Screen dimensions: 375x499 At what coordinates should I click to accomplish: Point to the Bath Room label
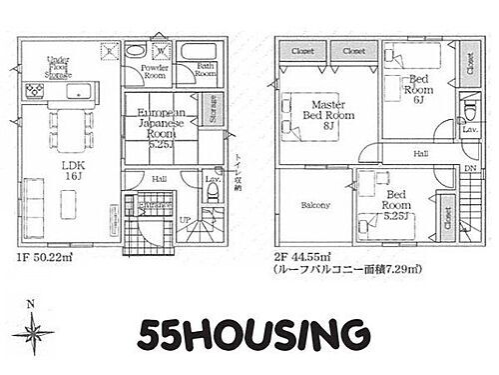point(206,70)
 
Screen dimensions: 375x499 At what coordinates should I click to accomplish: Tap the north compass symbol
point(38,326)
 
